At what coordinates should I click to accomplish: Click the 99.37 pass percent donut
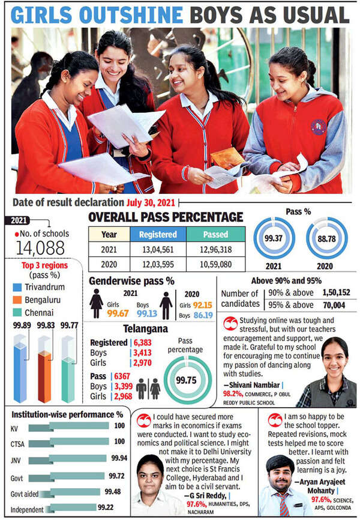(274, 239)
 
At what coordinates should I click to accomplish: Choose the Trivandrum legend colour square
(17, 287)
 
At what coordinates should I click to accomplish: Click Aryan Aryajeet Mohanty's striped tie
(283, 504)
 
